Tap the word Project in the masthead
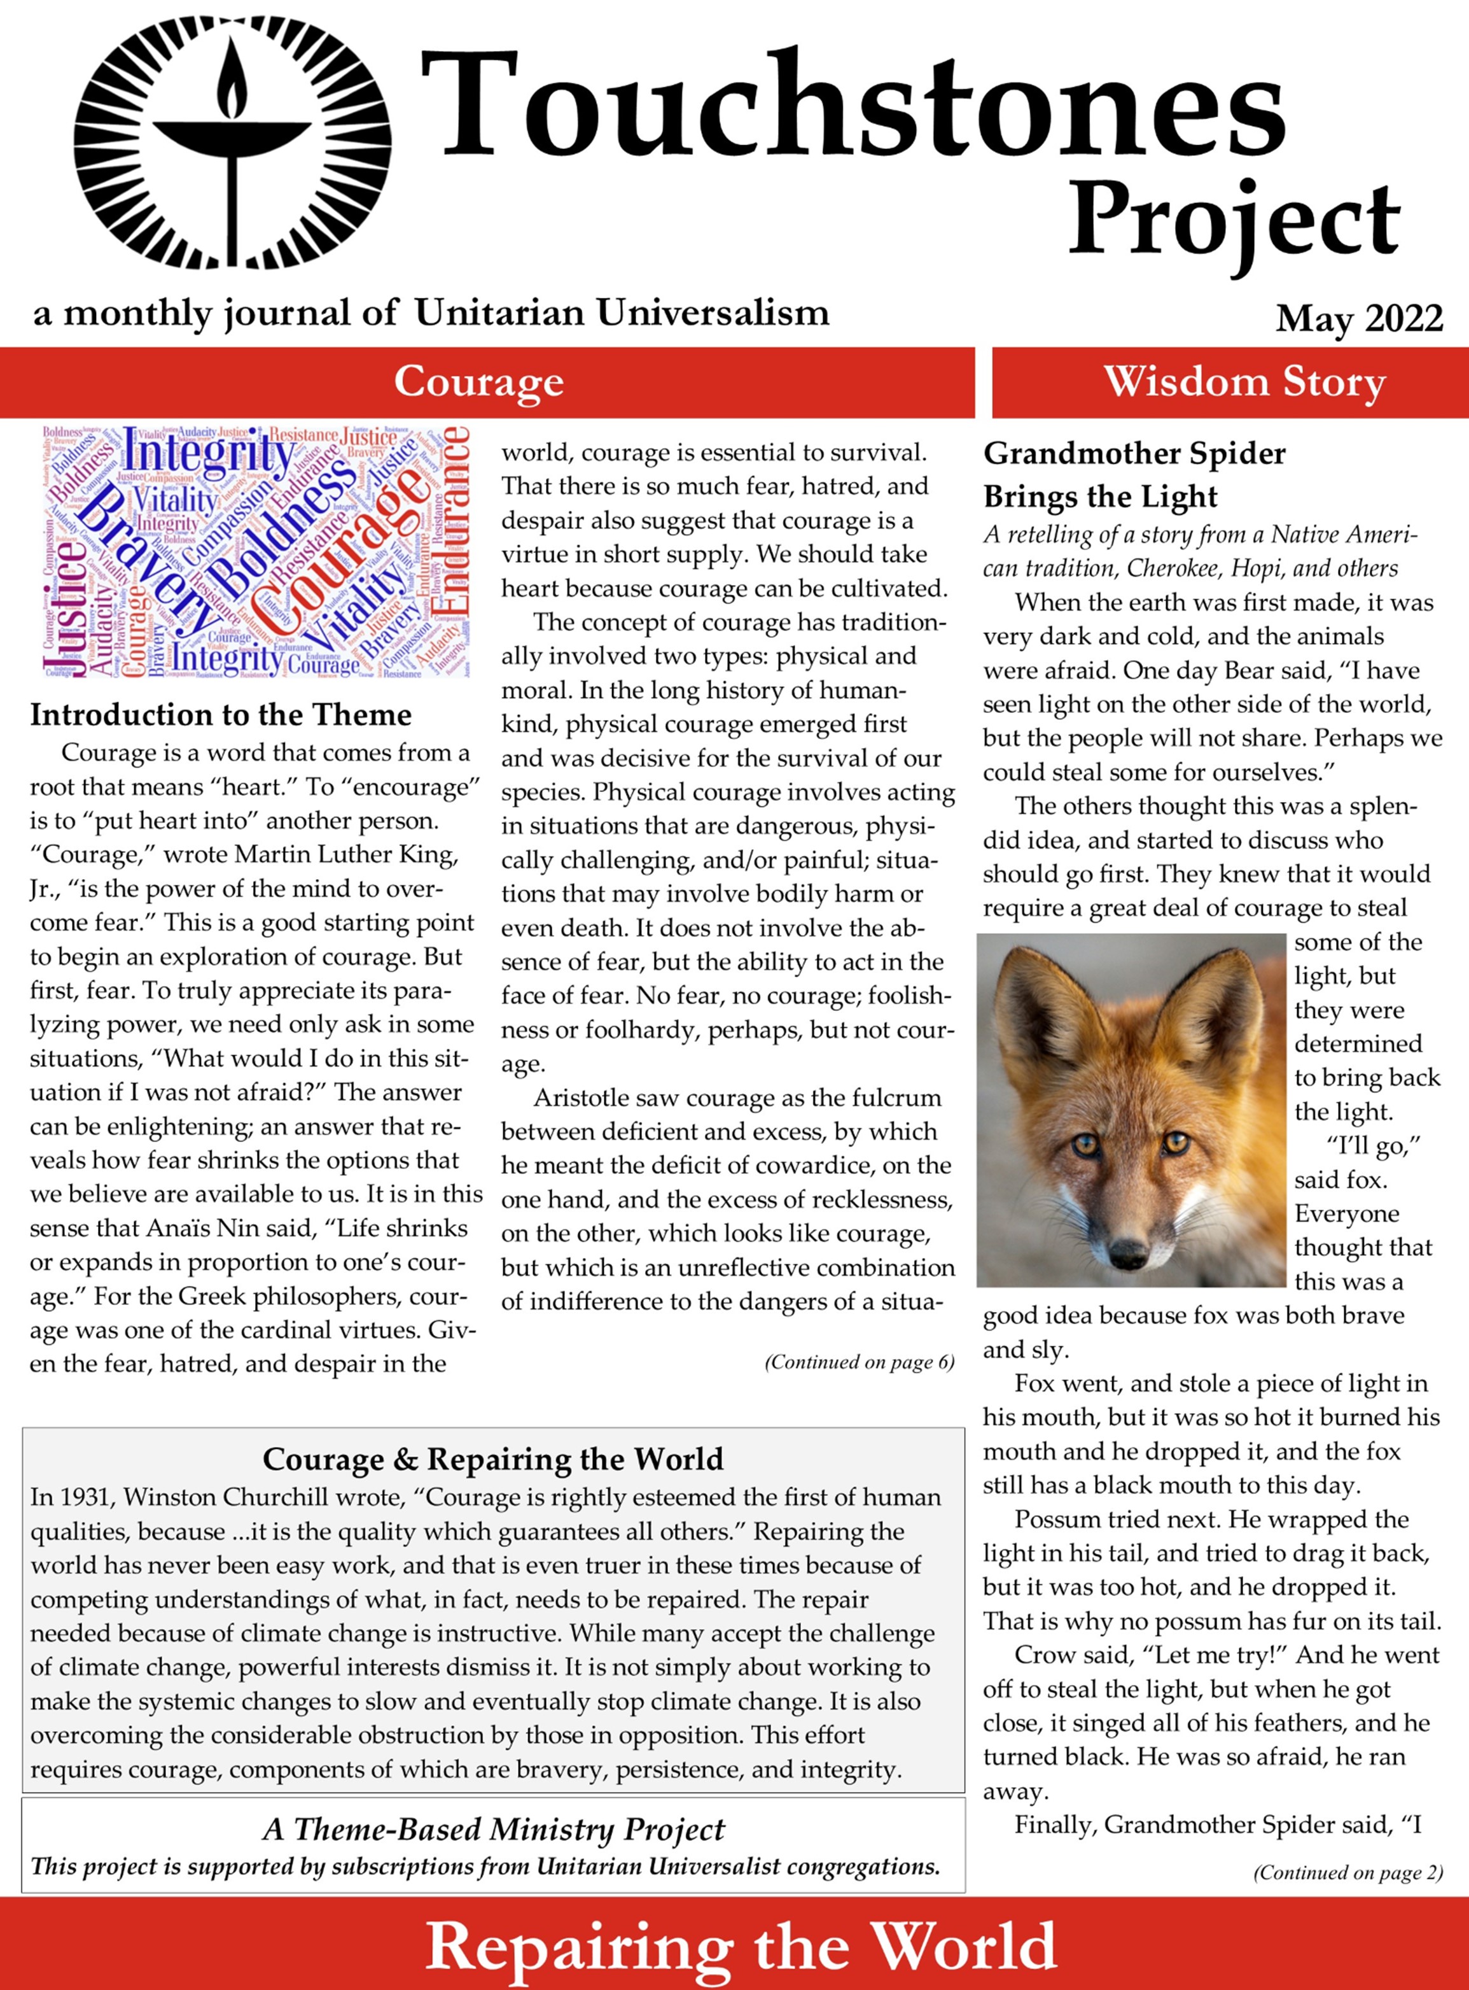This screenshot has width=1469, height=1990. coord(1234,222)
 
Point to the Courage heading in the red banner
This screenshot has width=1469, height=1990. coord(478,383)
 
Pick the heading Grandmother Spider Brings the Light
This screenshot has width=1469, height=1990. coord(1134,475)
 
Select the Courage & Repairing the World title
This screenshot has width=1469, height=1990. coord(492,1460)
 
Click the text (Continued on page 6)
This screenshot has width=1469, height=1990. coord(859,1362)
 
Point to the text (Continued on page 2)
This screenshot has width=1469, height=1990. coord(1347,1873)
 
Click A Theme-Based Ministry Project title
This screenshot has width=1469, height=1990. coord(494,1830)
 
